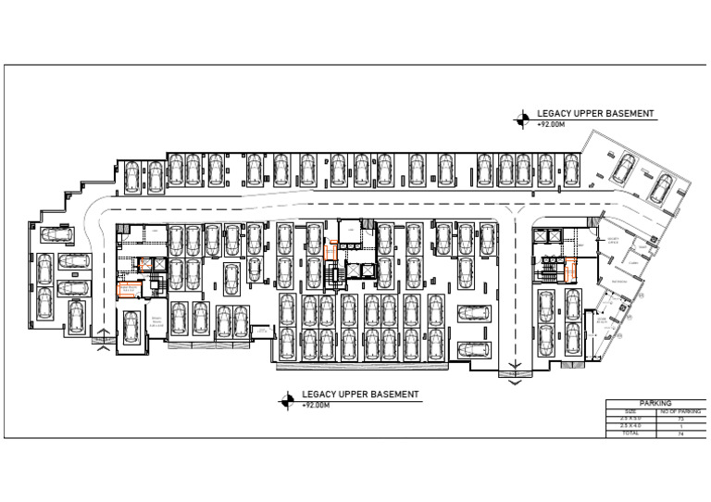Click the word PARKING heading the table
pyautogui.click(x=655, y=404)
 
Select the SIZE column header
pyautogui.click(x=630, y=411)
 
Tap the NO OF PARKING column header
pyautogui.click(x=680, y=411)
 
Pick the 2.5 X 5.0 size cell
pyautogui.click(x=630, y=419)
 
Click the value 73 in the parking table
pyautogui.click(x=680, y=419)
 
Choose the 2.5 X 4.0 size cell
pyautogui.click(x=630, y=426)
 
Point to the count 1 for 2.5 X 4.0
pyautogui.click(x=680, y=426)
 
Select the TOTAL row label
pyautogui.click(x=630, y=433)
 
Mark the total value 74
pyautogui.click(x=680, y=433)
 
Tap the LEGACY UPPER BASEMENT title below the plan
pyautogui.click(x=360, y=395)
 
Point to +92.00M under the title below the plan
pyautogui.click(x=316, y=405)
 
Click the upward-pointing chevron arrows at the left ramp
pyautogui.click(x=103, y=347)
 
